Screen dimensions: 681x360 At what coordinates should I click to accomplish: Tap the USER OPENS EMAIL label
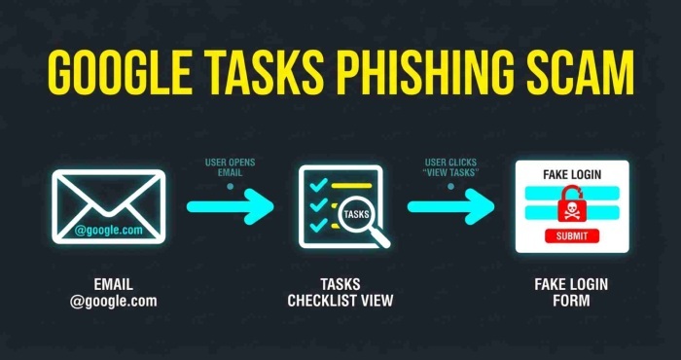[230, 167]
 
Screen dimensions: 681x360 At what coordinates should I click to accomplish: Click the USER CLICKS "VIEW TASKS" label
[450, 167]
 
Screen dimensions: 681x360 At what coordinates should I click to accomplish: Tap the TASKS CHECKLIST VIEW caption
[339, 292]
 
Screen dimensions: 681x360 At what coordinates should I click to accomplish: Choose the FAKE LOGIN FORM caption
[572, 292]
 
